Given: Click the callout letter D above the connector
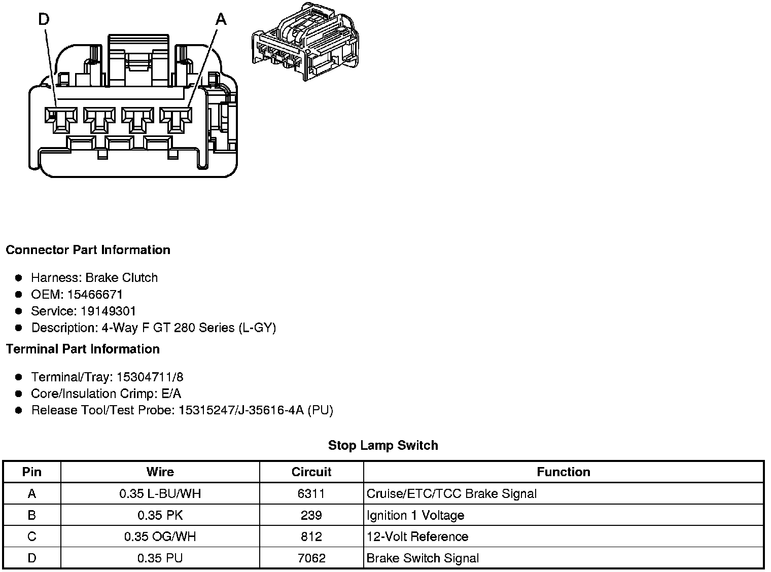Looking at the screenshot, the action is click(x=44, y=20).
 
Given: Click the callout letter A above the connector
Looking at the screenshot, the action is click(x=221, y=20).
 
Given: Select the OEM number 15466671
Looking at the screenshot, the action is click(x=95, y=295).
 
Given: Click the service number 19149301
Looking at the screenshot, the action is click(x=108, y=311).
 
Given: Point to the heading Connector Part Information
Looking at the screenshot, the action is click(x=88, y=250).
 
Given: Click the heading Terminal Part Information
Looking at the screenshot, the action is click(x=83, y=349).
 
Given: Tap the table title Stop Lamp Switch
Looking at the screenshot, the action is click(x=383, y=446).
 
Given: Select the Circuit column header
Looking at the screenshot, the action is click(x=311, y=472).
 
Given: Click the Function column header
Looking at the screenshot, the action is click(x=563, y=472).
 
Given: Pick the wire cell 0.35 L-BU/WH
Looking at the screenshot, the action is click(x=160, y=494).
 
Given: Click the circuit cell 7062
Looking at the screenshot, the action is click(x=311, y=558).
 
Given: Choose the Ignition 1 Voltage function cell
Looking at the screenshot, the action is click(x=415, y=516).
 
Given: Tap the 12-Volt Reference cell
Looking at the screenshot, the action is click(x=417, y=537).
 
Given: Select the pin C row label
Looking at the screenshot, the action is click(x=31, y=537).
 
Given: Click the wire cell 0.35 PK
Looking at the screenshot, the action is click(x=160, y=516).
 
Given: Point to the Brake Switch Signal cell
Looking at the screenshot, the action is click(x=423, y=558).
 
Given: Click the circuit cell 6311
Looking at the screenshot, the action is click(x=311, y=494).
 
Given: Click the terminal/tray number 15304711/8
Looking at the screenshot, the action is click(x=150, y=377).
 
